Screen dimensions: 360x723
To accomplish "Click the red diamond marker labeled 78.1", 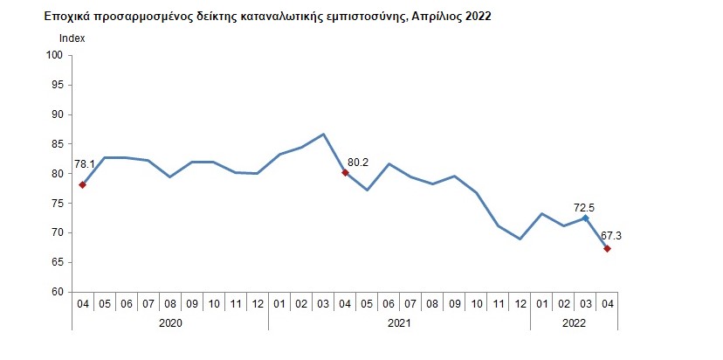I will pyautogui.click(x=82, y=184).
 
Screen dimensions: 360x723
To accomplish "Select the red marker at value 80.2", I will pyautogui.click(x=345, y=172).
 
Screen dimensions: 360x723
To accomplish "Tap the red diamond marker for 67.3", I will pyautogui.click(x=607, y=249).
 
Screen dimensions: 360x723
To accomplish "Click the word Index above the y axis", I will pyautogui.click(x=72, y=38).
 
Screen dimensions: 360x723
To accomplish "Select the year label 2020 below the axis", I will pyautogui.click(x=169, y=322).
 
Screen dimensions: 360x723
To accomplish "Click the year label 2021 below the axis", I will pyautogui.click(x=399, y=322).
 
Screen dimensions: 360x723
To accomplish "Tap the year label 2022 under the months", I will pyautogui.click(x=574, y=322).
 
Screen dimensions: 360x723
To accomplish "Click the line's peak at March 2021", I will pyautogui.click(x=323, y=135).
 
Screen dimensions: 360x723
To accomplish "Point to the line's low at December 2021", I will pyautogui.click(x=520, y=239).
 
